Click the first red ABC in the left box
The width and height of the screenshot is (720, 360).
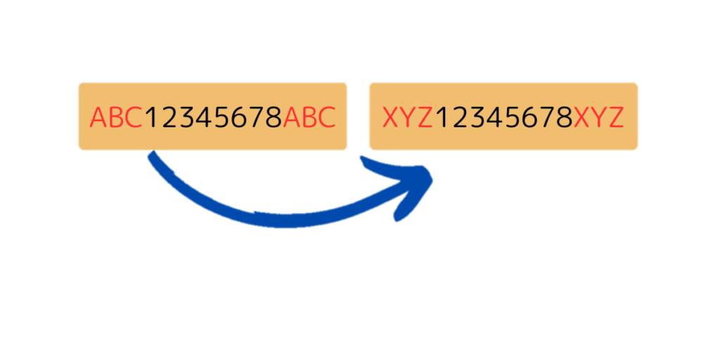coord(117,117)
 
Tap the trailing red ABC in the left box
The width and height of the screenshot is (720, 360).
coord(309,117)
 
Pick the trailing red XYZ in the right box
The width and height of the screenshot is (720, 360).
coord(599,117)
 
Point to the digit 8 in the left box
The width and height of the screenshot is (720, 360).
coord(274,117)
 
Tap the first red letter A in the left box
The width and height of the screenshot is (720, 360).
coord(98,117)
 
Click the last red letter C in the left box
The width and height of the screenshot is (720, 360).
coord(327,117)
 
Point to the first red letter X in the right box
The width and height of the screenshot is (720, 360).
coord(391,117)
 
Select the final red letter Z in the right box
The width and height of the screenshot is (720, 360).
coord(616,117)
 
